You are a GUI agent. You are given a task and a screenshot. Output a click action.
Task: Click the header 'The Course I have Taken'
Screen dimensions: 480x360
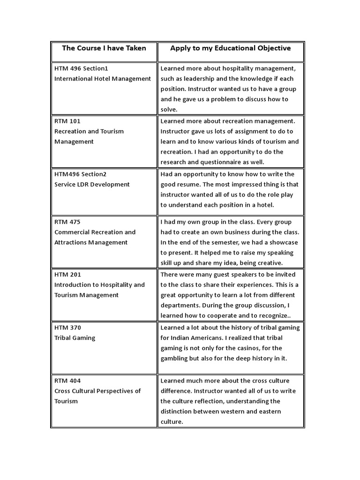pos(104,48)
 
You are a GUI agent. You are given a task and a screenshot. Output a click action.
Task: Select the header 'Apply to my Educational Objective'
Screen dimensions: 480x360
pos(230,48)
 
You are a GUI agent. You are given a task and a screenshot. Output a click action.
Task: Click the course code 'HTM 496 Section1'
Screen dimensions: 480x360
pos(81,68)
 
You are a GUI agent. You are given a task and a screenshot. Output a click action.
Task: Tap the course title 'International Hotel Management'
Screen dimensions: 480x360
pos(103,79)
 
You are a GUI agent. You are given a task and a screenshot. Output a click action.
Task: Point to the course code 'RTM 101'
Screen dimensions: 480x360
pos(67,121)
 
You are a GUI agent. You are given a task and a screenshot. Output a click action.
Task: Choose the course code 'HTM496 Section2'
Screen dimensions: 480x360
pos(80,174)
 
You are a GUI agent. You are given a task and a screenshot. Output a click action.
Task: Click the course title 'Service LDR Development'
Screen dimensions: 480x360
pos(92,184)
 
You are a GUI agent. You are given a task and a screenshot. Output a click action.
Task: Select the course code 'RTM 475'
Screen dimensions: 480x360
pos(67,222)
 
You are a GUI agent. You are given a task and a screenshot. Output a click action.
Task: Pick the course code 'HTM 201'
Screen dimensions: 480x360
pos(68,275)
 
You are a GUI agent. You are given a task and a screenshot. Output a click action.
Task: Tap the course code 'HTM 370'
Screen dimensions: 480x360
pos(68,328)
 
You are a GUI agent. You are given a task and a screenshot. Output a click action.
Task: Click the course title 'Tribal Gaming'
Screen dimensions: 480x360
pos(75,338)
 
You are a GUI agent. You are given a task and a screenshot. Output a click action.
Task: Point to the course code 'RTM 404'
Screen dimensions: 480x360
pos(67,381)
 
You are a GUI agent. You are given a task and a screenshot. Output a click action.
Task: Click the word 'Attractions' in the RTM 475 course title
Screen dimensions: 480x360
pos(71,242)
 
